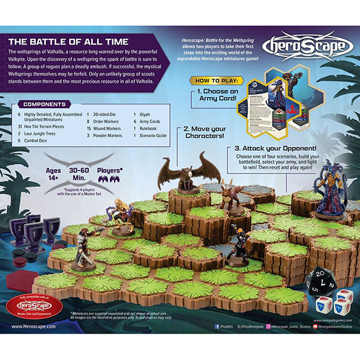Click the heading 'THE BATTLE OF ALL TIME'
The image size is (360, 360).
pyautogui.click(x=68, y=41)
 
